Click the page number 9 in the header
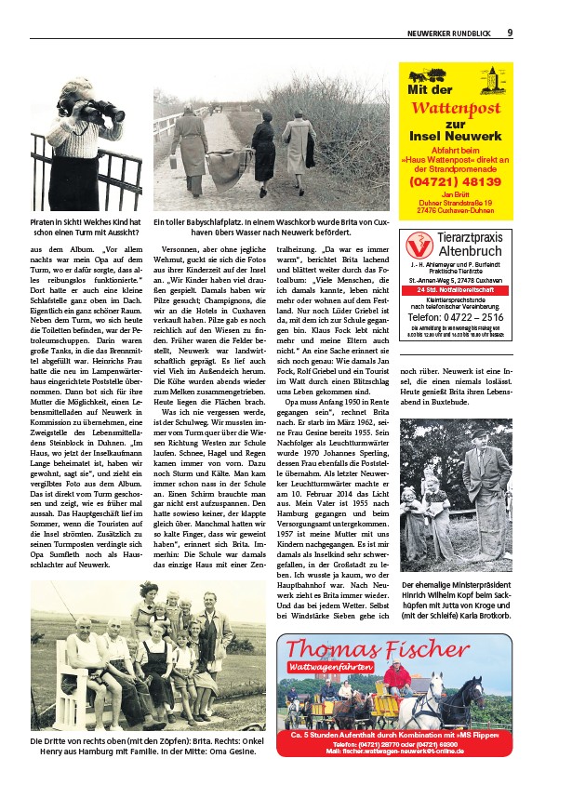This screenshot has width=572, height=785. click(x=510, y=33)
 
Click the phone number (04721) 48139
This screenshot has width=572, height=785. click(x=454, y=182)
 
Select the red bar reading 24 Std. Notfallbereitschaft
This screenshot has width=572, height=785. click(x=455, y=290)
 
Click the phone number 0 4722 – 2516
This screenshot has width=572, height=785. click(x=455, y=316)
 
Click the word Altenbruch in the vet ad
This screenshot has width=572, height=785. click(x=469, y=252)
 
